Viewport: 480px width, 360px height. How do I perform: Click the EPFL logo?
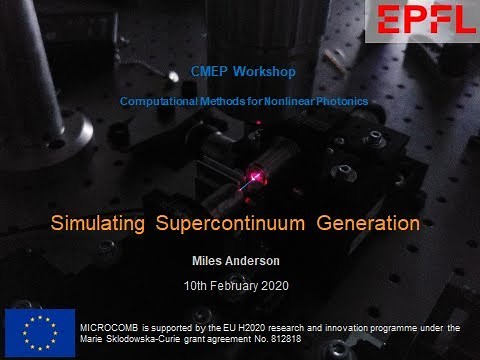[421, 21]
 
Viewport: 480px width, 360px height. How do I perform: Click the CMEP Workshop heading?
[244, 72]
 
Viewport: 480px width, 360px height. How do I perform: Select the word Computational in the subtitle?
[160, 102]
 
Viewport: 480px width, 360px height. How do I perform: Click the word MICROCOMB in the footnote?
[112, 327]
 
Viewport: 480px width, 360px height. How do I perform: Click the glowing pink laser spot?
[256, 177]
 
